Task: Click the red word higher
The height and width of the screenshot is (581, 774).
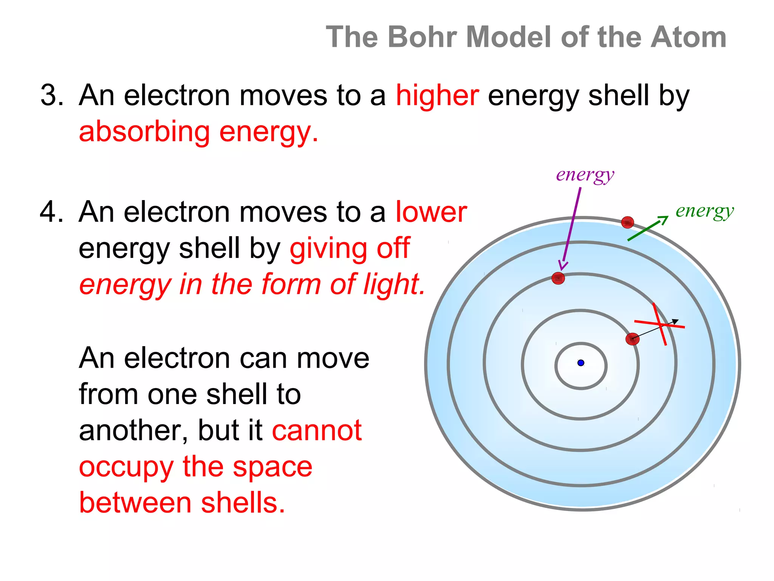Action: coord(437,95)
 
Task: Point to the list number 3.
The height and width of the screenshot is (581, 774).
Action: coord(51,95)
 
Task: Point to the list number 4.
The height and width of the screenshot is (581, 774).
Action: coord(51,212)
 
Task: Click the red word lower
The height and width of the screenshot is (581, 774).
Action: coord(431,212)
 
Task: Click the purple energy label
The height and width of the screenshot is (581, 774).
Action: coord(585,176)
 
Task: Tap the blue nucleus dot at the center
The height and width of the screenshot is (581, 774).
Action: coord(581,363)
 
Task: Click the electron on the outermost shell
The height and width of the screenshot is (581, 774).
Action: coord(627,222)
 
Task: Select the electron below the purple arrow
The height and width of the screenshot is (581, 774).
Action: coord(558,278)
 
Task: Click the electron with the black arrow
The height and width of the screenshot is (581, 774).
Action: coord(632,339)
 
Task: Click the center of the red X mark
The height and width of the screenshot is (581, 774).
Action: coord(660,324)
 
